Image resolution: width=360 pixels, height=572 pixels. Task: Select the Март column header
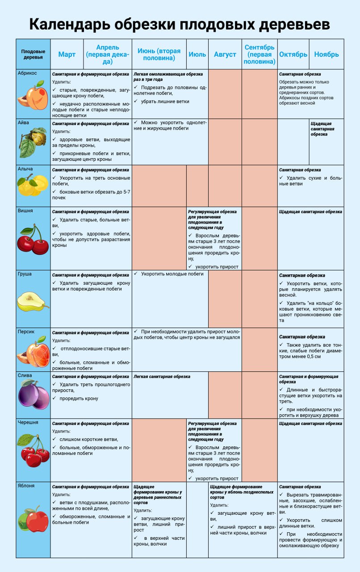click(x=67, y=55)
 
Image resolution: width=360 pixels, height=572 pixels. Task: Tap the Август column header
click(x=225, y=55)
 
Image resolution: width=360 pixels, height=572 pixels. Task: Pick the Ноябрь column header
click(x=327, y=55)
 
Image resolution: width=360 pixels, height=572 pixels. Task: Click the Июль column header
click(x=197, y=55)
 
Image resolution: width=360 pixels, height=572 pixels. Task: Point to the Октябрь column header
click(x=293, y=55)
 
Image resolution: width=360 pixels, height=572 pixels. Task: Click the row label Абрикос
click(x=27, y=73)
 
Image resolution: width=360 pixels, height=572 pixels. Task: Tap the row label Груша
click(x=25, y=274)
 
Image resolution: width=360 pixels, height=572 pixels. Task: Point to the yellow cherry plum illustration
click(x=33, y=185)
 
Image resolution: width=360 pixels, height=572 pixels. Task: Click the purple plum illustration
click(x=33, y=395)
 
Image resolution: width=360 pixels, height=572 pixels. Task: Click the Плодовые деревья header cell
click(x=33, y=55)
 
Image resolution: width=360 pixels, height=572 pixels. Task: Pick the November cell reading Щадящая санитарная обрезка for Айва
click(x=327, y=128)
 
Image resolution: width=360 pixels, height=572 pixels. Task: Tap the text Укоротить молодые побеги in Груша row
click(x=172, y=274)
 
